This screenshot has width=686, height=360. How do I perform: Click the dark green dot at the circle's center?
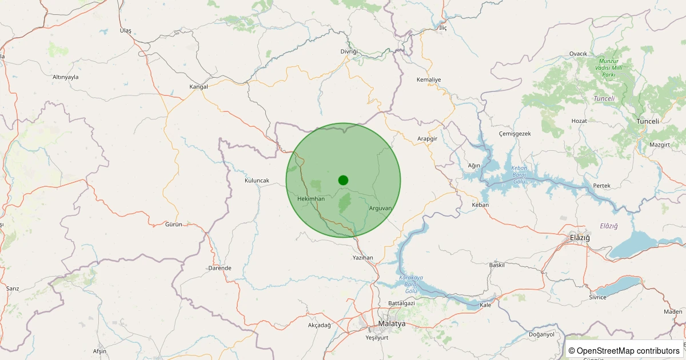point(343,180)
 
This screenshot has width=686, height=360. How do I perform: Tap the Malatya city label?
point(392,323)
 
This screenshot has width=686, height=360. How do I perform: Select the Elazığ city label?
point(579,237)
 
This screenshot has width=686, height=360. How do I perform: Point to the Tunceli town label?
point(648,121)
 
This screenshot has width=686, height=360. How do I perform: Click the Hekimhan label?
point(311,198)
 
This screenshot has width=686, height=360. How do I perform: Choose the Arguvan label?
point(380,208)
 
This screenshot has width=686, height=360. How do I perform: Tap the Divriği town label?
point(349,51)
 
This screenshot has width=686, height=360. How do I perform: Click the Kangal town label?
point(198,87)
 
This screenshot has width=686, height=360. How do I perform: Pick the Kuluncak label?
point(257,181)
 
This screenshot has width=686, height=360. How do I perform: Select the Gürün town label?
point(173,225)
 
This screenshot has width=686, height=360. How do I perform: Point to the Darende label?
point(220,268)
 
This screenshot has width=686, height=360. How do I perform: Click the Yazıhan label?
point(362,258)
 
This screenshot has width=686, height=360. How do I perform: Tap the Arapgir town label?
point(427,139)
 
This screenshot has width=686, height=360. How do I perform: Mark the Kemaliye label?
point(429,79)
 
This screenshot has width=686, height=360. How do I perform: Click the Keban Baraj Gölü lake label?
point(519,175)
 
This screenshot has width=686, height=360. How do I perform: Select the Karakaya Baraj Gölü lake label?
point(411,284)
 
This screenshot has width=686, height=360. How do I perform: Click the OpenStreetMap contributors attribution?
point(624,350)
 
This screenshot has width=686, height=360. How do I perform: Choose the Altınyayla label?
point(65,77)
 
